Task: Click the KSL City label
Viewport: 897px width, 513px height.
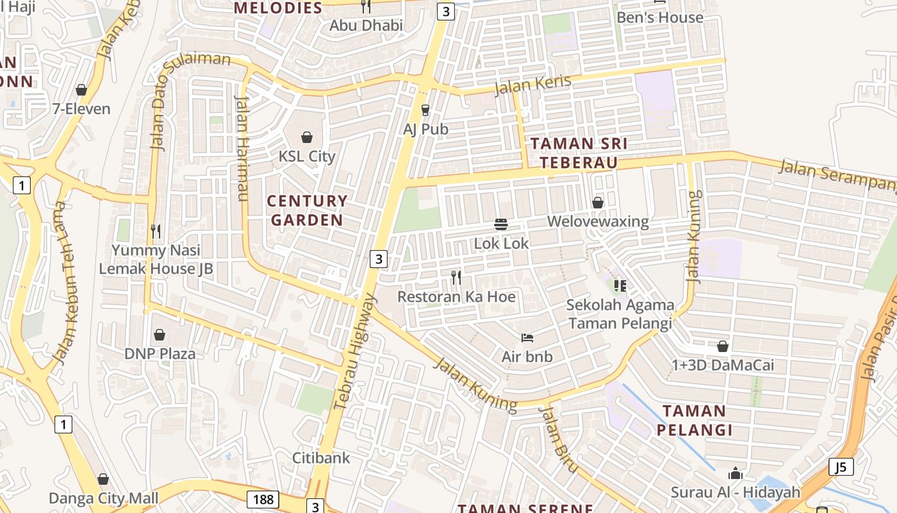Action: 306,156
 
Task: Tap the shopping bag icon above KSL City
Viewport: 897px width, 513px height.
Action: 307,137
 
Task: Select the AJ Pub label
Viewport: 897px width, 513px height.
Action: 425,129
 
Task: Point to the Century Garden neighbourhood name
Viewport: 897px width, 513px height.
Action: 307,210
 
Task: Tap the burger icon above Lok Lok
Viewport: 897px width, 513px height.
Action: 501,224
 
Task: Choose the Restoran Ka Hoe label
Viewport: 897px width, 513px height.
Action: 456,297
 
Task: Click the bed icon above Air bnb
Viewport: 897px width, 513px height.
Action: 527,337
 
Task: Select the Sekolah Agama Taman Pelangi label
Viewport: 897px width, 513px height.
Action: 621,314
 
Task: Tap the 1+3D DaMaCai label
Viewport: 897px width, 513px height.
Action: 722,366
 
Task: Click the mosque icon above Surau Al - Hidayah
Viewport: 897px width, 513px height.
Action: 736,474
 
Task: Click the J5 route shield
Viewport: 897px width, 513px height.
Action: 841,467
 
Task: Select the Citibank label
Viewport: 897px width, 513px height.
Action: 322,458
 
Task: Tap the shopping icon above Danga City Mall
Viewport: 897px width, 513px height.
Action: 103,479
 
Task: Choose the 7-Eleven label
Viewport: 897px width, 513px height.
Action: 81,109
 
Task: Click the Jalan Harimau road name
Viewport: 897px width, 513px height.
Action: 242,147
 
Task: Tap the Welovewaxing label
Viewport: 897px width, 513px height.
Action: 598,222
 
